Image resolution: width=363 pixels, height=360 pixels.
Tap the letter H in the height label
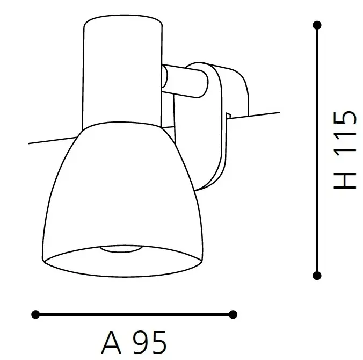(x=345, y=180)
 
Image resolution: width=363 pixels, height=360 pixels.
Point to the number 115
(x=345, y=136)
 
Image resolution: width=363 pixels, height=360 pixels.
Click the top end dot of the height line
(x=317, y=25)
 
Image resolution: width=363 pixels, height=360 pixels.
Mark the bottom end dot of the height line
(x=317, y=276)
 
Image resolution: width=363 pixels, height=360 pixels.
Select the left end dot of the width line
(x=36, y=314)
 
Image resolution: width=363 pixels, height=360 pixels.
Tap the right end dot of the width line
(x=233, y=314)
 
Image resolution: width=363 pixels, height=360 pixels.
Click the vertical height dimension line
(x=317, y=150)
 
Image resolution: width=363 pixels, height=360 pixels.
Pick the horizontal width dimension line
(x=134, y=314)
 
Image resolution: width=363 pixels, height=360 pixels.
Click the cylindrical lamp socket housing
(x=122, y=70)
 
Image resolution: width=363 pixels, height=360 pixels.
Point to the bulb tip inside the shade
(x=122, y=249)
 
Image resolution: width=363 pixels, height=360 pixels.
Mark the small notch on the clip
(x=228, y=116)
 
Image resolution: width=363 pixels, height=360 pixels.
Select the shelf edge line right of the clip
(x=263, y=114)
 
